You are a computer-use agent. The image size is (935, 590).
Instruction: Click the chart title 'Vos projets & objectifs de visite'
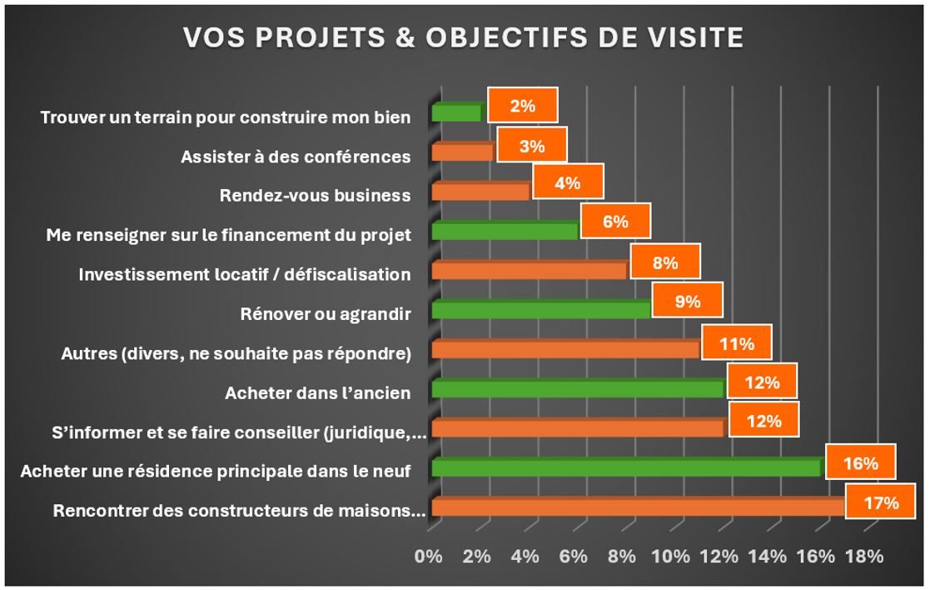coord(462,37)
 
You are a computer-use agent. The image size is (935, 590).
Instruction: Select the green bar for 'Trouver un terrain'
coord(456,112)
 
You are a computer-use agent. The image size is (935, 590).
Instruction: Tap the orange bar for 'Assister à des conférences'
coord(463,152)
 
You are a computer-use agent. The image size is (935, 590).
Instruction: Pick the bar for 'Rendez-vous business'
coord(481,192)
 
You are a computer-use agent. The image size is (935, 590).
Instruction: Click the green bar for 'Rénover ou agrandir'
coord(541,310)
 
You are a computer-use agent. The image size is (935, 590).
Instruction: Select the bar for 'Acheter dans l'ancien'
coord(578,388)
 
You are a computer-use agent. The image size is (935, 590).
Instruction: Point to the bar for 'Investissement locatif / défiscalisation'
coord(530,271)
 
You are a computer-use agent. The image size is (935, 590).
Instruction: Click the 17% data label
coord(880,502)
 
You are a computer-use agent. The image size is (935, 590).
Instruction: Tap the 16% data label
coord(860,462)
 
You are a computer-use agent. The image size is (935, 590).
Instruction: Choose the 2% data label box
coord(522,106)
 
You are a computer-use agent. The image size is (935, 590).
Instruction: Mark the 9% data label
coord(687,301)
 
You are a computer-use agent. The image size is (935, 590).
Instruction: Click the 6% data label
coord(614,222)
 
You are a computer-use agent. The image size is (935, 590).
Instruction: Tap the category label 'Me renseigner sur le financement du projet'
coord(228,235)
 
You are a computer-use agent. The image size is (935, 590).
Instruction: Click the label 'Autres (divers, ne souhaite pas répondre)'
coord(236,353)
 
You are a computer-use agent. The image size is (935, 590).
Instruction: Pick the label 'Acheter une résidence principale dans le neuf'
coord(216,472)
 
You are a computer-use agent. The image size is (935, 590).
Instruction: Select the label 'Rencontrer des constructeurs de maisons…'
coord(239,511)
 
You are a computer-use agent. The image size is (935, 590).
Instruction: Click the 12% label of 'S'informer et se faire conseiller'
coord(763,422)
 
